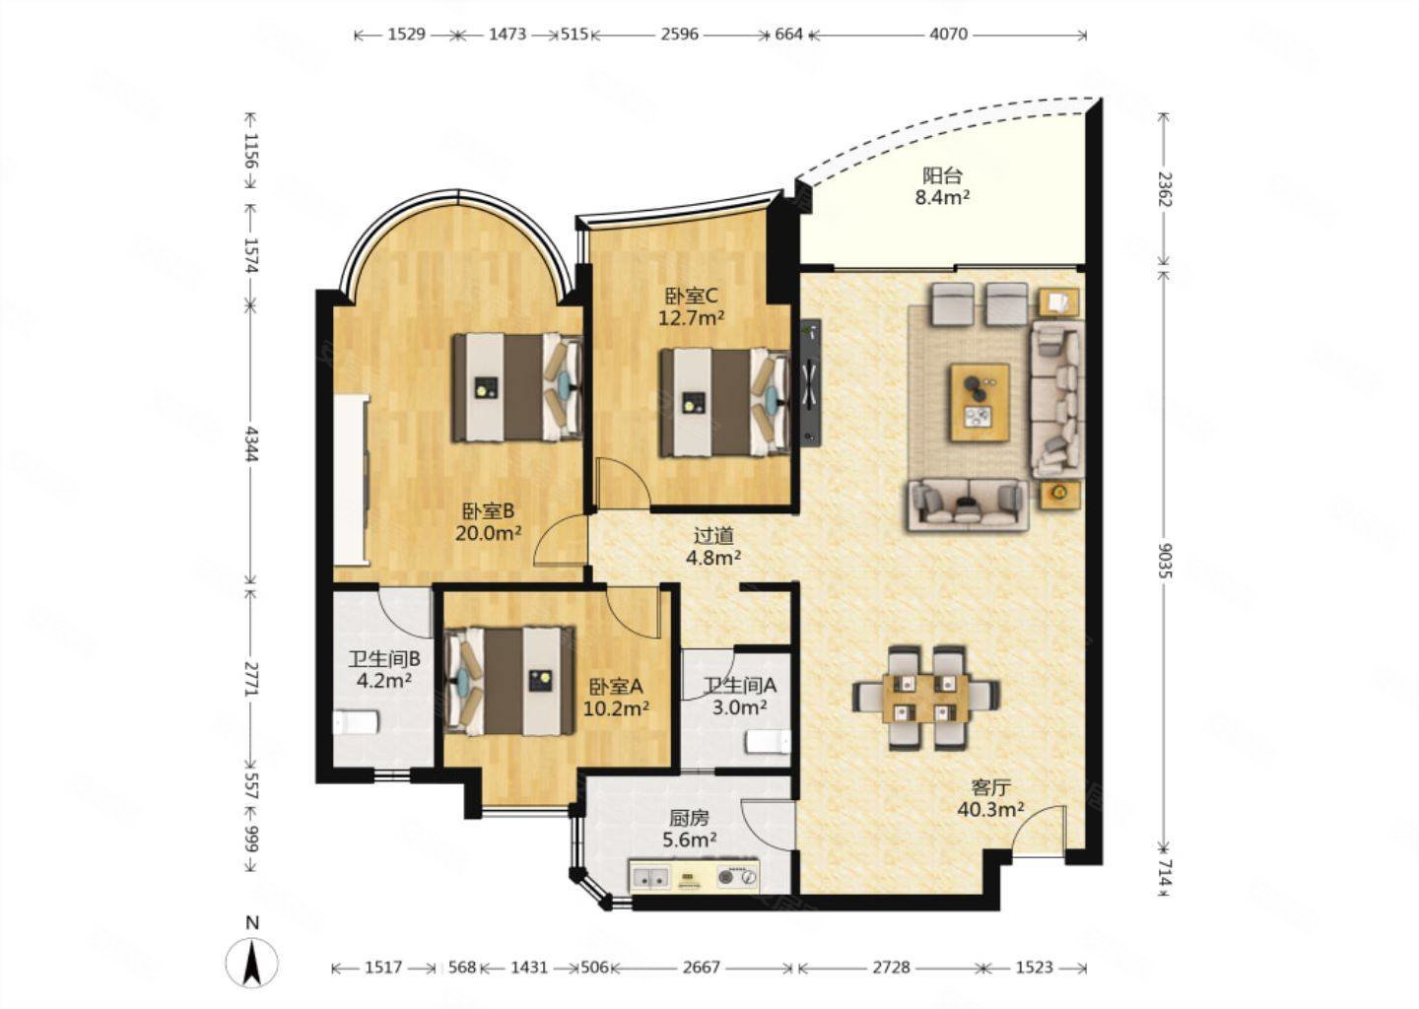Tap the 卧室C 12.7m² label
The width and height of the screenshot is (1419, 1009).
[691, 306]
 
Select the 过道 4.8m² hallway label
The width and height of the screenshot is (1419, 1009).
[713, 546]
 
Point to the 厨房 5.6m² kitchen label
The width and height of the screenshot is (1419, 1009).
[689, 829]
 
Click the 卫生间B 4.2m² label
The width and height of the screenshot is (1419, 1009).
[384, 670]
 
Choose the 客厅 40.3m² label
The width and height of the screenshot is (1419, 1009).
[990, 798]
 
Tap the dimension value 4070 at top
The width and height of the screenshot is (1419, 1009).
[948, 34]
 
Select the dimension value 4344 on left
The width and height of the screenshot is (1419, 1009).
[252, 444]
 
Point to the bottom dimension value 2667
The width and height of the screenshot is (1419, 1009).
[702, 968]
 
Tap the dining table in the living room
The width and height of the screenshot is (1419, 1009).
[926, 698]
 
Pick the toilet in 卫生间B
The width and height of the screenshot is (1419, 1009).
[356, 722]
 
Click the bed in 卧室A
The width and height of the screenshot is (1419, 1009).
[510, 682]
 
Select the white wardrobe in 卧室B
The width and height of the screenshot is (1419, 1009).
[351, 479]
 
